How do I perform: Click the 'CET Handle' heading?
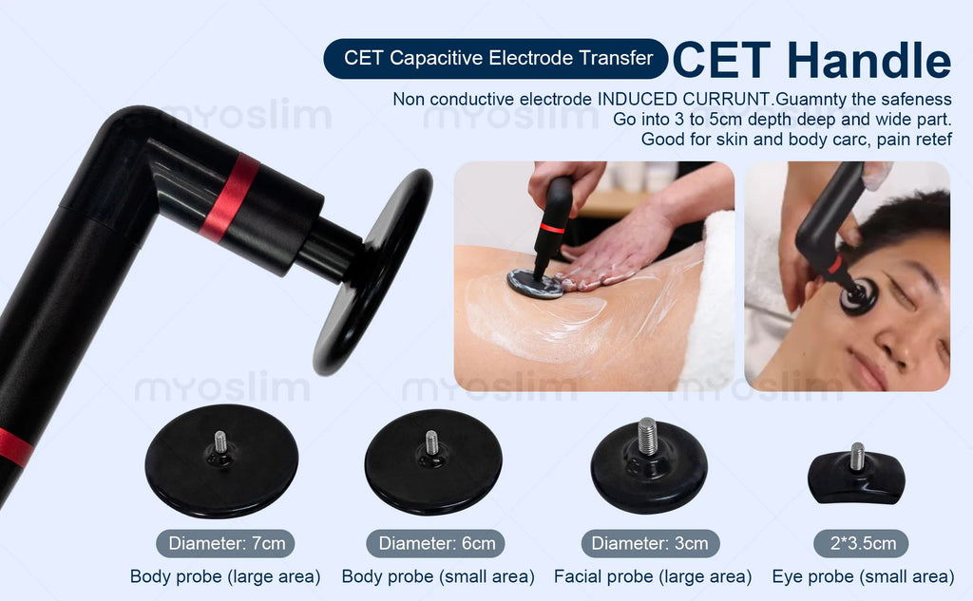click(x=811, y=60)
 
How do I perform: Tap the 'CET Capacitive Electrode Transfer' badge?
click(x=496, y=58)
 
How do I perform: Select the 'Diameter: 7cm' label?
click(x=225, y=543)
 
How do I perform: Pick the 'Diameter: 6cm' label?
click(x=435, y=543)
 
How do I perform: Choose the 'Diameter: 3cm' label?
click(x=650, y=543)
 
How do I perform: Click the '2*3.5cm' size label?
click(x=861, y=543)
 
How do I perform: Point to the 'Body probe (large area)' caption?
click(x=225, y=577)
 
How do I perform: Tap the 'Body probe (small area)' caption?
click(x=438, y=577)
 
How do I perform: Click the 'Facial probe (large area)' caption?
click(x=653, y=577)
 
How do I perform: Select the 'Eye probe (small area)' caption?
click(x=863, y=577)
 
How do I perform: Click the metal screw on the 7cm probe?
click(x=220, y=441)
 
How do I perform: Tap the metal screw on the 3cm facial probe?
click(x=646, y=436)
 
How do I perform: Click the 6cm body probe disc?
click(x=433, y=462)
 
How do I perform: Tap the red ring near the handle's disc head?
click(x=230, y=197)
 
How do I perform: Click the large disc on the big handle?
click(x=372, y=272)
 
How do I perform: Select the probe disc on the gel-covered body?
click(x=535, y=284)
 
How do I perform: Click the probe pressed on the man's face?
click(x=859, y=296)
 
